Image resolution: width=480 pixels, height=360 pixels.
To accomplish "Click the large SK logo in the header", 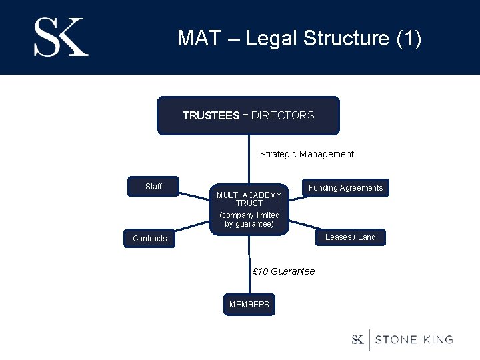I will [61, 37].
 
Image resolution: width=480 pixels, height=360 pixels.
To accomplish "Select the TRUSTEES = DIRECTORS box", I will [248, 116].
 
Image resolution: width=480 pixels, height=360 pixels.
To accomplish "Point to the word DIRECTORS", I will [283, 116].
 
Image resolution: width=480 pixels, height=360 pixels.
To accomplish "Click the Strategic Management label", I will [307, 154].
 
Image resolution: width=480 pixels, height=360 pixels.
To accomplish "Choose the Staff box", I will [153, 187].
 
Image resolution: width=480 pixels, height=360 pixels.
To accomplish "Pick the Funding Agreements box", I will [345, 188].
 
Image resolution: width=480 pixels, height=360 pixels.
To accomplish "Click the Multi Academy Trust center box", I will [249, 209].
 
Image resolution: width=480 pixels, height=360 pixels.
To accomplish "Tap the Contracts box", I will [150, 239].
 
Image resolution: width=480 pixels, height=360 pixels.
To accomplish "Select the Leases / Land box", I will [350, 237].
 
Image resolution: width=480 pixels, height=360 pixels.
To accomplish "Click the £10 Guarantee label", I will [284, 271].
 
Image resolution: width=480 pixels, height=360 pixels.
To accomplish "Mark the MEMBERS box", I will [249, 305].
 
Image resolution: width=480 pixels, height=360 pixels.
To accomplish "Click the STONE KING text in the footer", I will [414, 340].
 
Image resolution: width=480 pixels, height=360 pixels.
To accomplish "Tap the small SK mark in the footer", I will [358, 340].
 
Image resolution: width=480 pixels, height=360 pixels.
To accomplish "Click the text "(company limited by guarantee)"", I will [249, 219].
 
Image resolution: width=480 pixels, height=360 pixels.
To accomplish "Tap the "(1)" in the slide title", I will [408, 38].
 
